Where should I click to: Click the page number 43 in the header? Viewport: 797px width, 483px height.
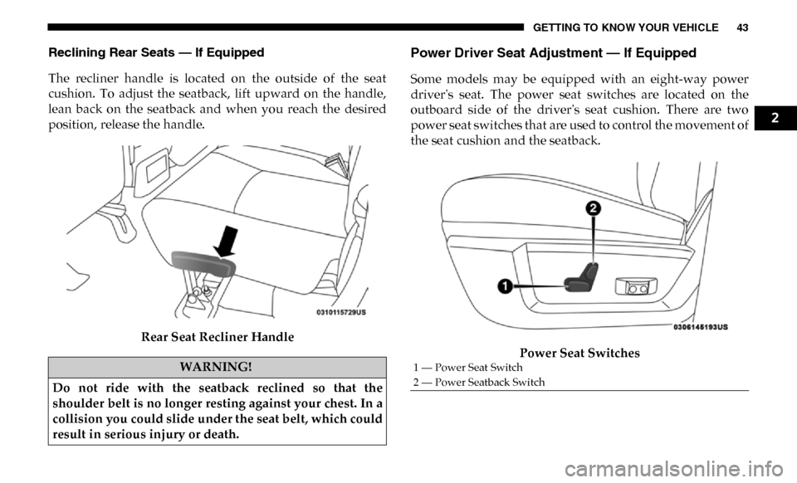click(741, 27)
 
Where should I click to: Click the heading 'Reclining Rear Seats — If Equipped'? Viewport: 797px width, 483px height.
click(157, 52)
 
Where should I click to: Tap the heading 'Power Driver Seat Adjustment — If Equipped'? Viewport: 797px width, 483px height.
click(554, 53)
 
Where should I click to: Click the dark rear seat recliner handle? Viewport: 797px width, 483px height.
click(203, 264)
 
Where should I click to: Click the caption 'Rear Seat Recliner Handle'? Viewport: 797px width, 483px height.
click(218, 338)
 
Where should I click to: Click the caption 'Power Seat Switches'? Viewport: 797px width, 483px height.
click(579, 353)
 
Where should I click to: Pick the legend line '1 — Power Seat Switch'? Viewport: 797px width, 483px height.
click(467, 367)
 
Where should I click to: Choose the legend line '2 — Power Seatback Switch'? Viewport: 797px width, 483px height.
click(479, 383)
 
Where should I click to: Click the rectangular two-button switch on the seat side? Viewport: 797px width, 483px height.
click(637, 287)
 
